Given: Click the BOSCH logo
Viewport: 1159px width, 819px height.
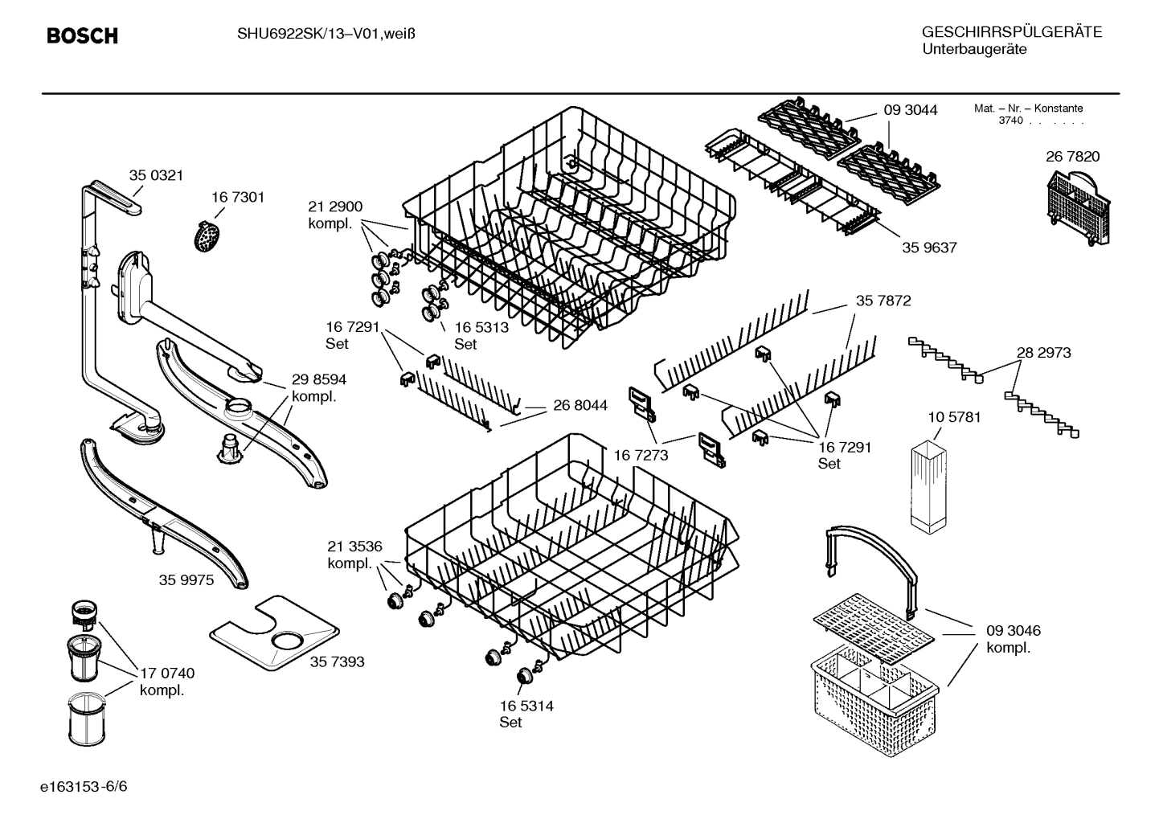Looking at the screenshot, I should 82,35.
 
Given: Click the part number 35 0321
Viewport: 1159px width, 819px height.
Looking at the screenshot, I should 156,175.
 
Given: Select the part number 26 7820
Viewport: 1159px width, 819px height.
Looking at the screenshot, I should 1072,157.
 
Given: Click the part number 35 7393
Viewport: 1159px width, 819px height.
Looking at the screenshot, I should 337,661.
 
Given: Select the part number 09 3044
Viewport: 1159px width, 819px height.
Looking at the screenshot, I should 910,110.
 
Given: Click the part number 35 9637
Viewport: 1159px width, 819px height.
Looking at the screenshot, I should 929,248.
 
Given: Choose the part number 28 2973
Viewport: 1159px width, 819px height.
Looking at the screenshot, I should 1043,352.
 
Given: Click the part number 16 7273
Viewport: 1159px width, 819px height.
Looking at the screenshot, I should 641,456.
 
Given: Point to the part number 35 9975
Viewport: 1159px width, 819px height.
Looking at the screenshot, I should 186,579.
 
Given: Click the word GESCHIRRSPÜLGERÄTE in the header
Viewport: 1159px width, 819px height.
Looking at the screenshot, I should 1011,32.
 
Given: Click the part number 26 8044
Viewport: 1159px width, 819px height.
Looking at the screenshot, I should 580,406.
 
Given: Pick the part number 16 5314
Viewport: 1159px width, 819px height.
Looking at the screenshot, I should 526,706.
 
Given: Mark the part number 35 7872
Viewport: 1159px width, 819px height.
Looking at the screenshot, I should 883,301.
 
